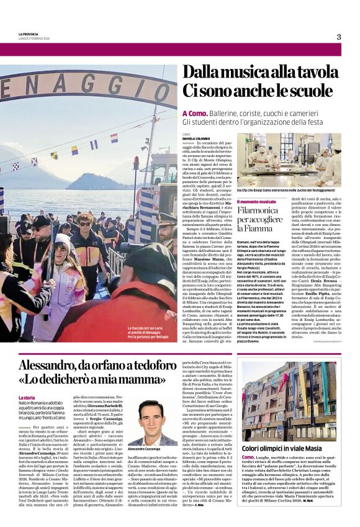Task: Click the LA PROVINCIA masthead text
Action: [28, 33]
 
